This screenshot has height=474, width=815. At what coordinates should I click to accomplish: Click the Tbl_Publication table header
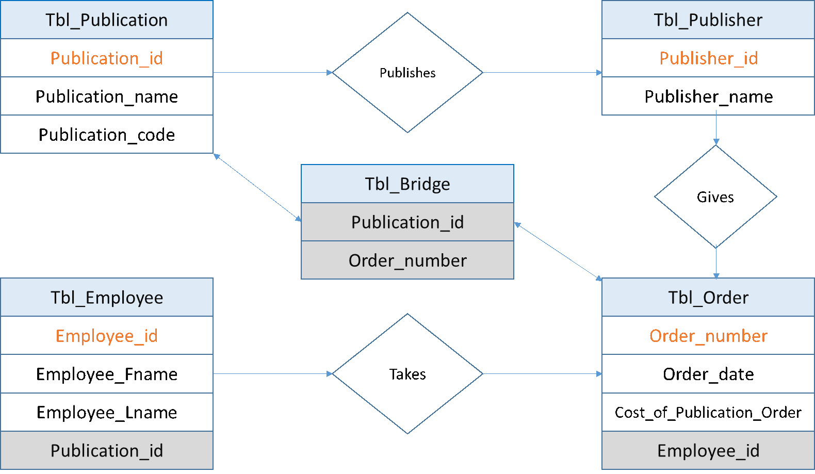tap(107, 20)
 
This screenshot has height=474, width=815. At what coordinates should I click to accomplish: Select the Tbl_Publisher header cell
tap(708, 20)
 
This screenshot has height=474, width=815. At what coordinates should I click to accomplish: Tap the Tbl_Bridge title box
tap(407, 184)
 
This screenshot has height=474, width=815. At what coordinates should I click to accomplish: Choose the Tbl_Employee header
tap(107, 297)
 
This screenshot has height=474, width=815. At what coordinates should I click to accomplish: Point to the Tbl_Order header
tap(708, 297)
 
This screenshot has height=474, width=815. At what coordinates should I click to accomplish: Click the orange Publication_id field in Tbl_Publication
tap(107, 58)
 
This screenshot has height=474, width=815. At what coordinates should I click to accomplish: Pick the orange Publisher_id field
tap(708, 58)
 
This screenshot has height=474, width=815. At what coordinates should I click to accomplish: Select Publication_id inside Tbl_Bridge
tap(407, 222)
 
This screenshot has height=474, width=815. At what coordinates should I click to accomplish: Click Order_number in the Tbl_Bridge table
tap(407, 260)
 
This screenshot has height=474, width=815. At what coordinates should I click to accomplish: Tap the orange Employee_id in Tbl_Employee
tap(107, 335)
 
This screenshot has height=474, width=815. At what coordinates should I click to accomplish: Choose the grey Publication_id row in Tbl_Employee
tap(107, 450)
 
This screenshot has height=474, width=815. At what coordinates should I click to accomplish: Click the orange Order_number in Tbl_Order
tap(708, 335)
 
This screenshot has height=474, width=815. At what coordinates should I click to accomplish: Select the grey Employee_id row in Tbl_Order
tap(708, 450)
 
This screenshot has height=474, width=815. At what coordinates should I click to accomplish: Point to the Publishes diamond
tap(407, 73)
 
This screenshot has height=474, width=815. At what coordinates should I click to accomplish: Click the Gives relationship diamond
tap(715, 197)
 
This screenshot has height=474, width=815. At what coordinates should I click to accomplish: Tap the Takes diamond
tap(407, 374)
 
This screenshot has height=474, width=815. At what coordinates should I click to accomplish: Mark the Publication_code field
tap(107, 134)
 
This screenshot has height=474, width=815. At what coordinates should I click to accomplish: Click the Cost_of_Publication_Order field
tap(708, 412)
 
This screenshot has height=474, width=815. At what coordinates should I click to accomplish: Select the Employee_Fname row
tap(107, 374)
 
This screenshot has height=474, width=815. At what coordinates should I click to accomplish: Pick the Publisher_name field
tap(708, 96)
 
